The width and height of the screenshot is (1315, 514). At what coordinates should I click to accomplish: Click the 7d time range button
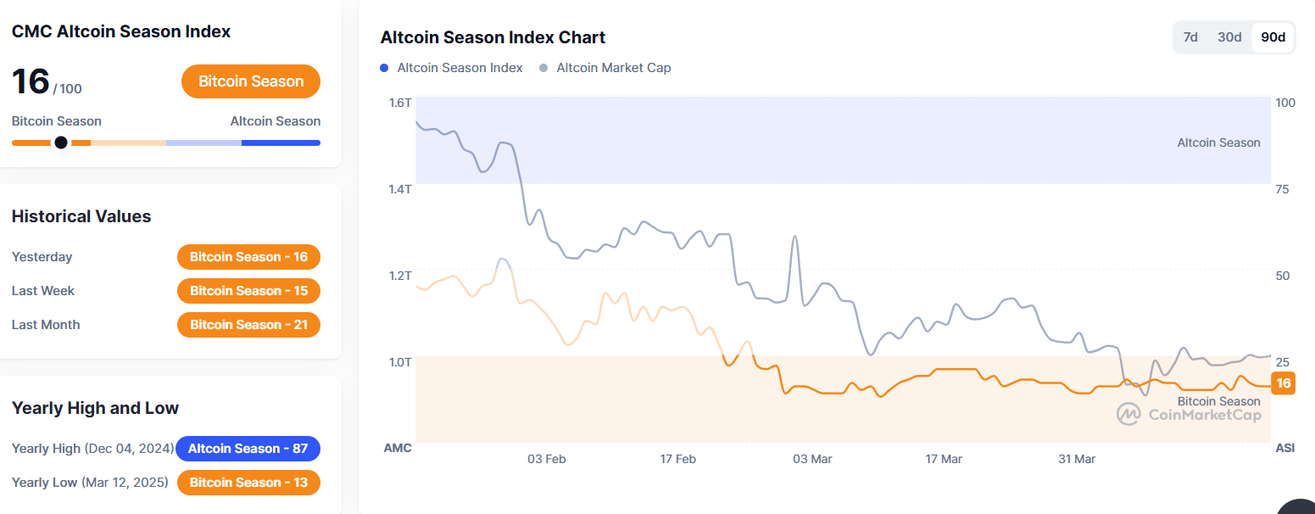click(1190, 37)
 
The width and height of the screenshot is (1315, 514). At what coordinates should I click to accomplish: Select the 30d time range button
click(1229, 37)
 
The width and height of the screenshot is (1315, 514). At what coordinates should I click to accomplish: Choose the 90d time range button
click(1273, 37)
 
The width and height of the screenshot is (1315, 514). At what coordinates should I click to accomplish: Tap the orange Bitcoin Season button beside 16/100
click(251, 81)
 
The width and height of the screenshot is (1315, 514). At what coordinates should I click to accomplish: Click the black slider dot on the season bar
click(61, 142)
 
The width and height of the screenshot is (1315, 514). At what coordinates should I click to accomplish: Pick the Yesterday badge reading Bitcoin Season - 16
click(248, 257)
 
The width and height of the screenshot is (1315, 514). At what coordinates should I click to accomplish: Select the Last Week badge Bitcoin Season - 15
click(248, 291)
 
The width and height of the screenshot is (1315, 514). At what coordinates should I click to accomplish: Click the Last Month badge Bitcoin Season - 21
click(248, 325)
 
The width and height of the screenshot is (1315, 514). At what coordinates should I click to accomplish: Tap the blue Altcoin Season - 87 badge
click(248, 449)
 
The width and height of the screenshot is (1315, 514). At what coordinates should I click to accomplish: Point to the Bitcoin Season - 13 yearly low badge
click(248, 483)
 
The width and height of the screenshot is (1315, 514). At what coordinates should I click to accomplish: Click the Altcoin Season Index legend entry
click(452, 68)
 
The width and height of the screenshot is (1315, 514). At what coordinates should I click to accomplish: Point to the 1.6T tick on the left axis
click(400, 103)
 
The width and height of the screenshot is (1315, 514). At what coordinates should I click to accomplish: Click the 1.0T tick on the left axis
click(400, 362)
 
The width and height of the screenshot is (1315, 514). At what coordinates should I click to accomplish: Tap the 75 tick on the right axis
click(1282, 189)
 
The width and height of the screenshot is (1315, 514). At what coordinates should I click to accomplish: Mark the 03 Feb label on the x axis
click(546, 459)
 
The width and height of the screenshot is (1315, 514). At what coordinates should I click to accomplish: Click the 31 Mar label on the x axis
click(1077, 459)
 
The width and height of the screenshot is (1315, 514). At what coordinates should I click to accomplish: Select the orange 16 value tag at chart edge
click(1284, 383)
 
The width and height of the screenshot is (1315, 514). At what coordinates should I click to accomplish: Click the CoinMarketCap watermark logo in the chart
click(1128, 414)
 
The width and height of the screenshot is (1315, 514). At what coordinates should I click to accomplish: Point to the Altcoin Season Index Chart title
click(493, 37)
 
